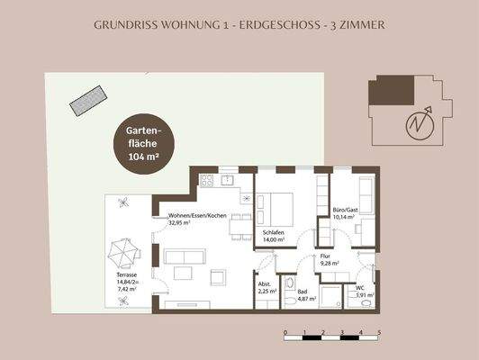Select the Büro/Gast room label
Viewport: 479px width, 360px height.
click(x=344, y=212)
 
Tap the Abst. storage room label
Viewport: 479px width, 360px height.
click(x=267, y=288)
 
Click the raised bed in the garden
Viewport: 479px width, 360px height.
click(x=85, y=97)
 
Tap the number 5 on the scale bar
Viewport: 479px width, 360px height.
click(x=379, y=332)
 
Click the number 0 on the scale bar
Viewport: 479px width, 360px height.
click(x=285, y=332)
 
